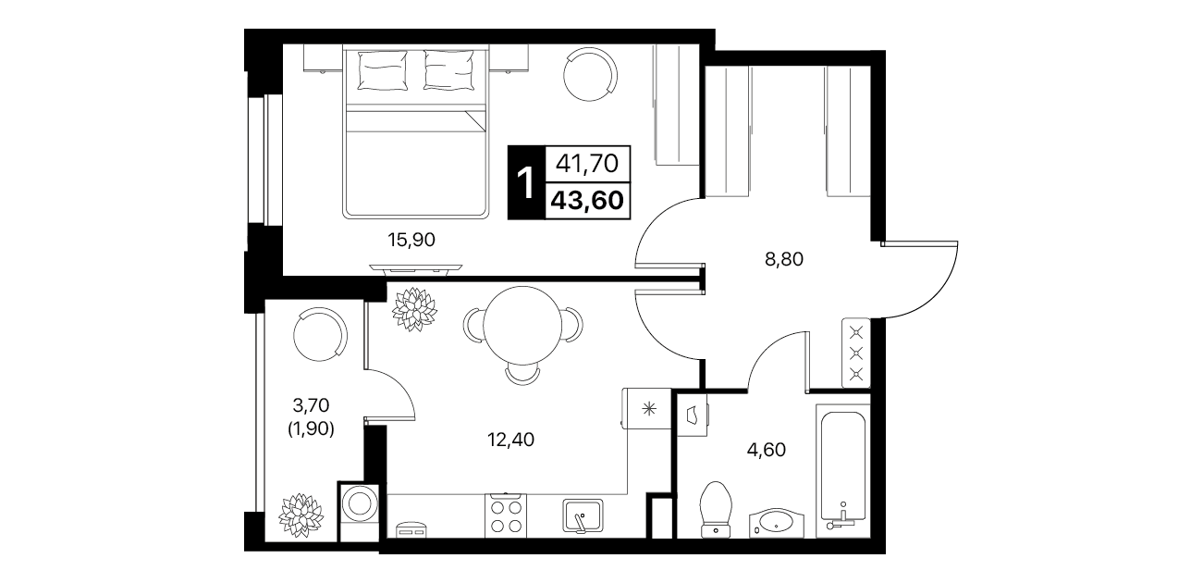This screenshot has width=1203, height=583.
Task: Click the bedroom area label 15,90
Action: click(x=411, y=240)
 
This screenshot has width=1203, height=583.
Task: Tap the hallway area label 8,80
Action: click(x=783, y=259)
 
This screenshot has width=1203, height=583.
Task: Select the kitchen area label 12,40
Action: click(x=510, y=440)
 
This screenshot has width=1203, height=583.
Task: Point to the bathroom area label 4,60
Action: click(x=767, y=450)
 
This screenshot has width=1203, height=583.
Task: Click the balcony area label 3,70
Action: click(x=310, y=405)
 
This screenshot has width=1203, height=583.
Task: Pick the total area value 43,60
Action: click(x=587, y=201)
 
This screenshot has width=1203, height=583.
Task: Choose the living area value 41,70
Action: click(x=587, y=163)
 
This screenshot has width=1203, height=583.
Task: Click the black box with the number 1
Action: click(x=526, y=182)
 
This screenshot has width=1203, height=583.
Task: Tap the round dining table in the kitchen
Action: click(x=522, y=326)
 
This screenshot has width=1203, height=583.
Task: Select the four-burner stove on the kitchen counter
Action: click(x=506, y=515)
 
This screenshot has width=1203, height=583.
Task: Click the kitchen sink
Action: click(x=583, y=515)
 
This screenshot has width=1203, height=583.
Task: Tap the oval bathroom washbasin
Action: click(x=777, y=522)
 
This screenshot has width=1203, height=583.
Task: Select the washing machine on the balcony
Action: click(x=359, y=511)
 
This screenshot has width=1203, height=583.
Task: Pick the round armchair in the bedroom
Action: click(x=590, y=74)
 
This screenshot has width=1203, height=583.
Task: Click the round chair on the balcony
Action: click(x=320, y=334)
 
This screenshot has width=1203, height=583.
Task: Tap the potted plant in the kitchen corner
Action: click(x=414, y=309)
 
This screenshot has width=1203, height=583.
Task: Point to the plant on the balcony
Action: click(x=301, y=515)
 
